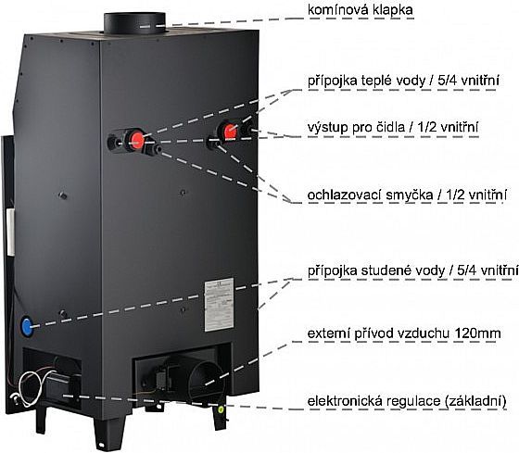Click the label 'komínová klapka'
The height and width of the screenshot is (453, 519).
pyautogui.click(x=361, y=10)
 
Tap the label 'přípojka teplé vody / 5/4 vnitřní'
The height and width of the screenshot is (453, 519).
pyautogui.click(x=403, y=81)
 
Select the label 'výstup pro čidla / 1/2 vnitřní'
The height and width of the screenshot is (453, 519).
pyautogui.click(x=393, y=127)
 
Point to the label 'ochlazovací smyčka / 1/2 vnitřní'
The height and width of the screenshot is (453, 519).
pyautogui.click(x=407, y=195)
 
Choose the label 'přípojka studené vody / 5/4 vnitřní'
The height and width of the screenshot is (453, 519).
pyautogui.click(x=412, y=271)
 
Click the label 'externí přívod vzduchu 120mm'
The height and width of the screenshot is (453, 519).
pyautogui.click(x=404, y=333)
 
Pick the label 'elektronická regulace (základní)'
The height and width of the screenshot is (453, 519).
pyautogui.click(x=407, y=401)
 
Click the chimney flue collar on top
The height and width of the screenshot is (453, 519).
pyautogui.click(x=134, y=23)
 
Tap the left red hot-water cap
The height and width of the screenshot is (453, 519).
pyautogui.click(x=136, y=140)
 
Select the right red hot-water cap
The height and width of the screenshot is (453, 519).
pyautogui.click(x=231, y=132)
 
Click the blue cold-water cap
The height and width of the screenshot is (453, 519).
pyautogui.click(x=27, y=327)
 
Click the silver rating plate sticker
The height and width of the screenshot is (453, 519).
pyautogui.click(x=219, y=305)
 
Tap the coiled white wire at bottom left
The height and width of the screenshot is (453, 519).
pyautogui.click(x=32, y=388)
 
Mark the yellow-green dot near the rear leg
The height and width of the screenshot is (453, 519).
pyautogui.click(x=221, y=409)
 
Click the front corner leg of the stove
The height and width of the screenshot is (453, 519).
pyautogui.click(x=109, y=432)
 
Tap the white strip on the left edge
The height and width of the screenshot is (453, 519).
pyautogui.click(x=10, y=232)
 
